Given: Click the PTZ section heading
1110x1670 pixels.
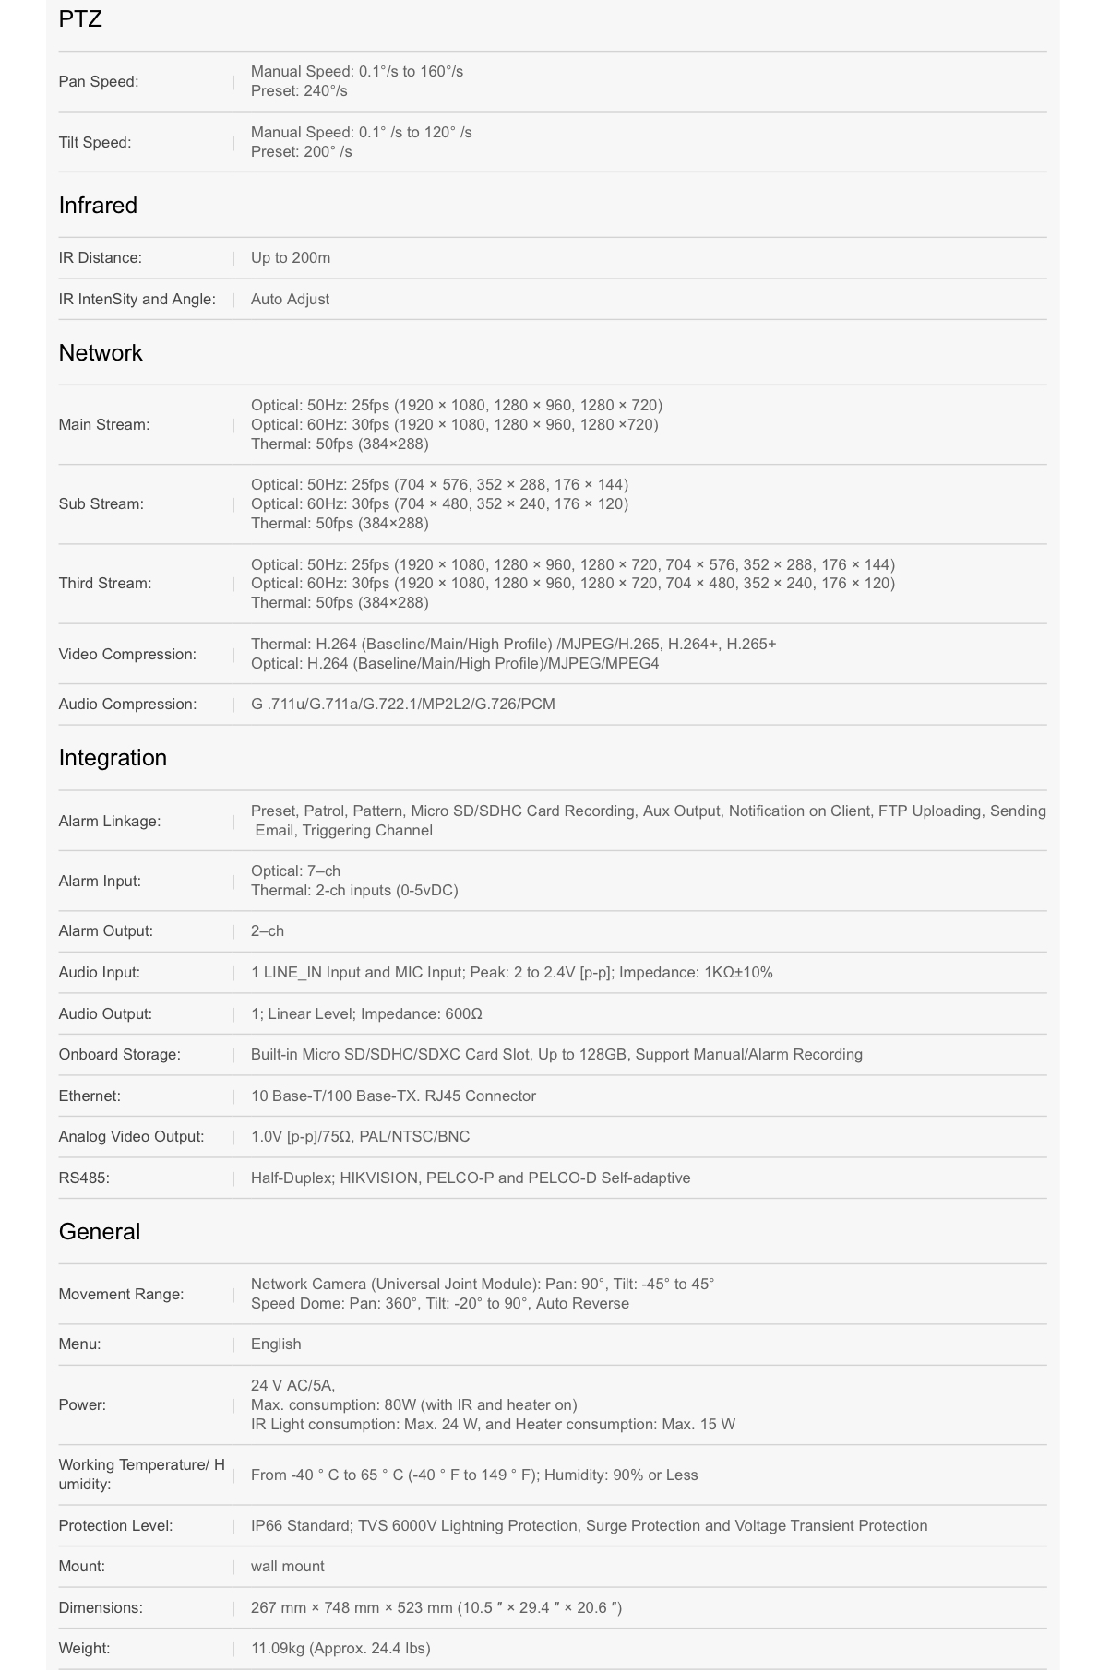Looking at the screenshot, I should (x=80, y=19).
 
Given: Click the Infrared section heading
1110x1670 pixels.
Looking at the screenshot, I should (x=98, y=205).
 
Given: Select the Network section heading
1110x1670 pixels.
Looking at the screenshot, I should (x=101, y=352).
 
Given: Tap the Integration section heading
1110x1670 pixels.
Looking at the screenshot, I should (x=113, y=757).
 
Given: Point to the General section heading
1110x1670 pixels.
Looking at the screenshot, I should (x=100, y=1231).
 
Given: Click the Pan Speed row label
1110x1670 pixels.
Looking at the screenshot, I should (x=99, y=81).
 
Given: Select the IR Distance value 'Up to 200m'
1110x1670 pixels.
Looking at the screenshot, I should (x=291, y=257).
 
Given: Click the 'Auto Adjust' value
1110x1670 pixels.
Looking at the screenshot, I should (x=290, y=299).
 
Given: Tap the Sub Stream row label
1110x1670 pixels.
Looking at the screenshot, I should (x=101, y=503).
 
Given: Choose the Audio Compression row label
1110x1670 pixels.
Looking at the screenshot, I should (x=127, y=704).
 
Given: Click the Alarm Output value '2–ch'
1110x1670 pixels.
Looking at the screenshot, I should (x=268, y=930).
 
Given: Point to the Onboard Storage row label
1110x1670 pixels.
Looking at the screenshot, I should (x=120, y=1054).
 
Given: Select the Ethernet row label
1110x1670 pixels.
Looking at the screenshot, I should (x=90, y=1096).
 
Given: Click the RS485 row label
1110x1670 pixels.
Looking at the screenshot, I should (x=84, y=1178).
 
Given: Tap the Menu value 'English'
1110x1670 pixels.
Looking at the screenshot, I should (x=276, y=1344).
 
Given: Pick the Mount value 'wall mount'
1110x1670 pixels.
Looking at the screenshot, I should (x=288, y=1566).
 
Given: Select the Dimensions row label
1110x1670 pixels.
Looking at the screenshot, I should (x=101, y=1607).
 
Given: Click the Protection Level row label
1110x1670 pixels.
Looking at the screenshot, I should (x=115, y=1525).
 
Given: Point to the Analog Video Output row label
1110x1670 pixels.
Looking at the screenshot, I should (x=131, y=1136).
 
